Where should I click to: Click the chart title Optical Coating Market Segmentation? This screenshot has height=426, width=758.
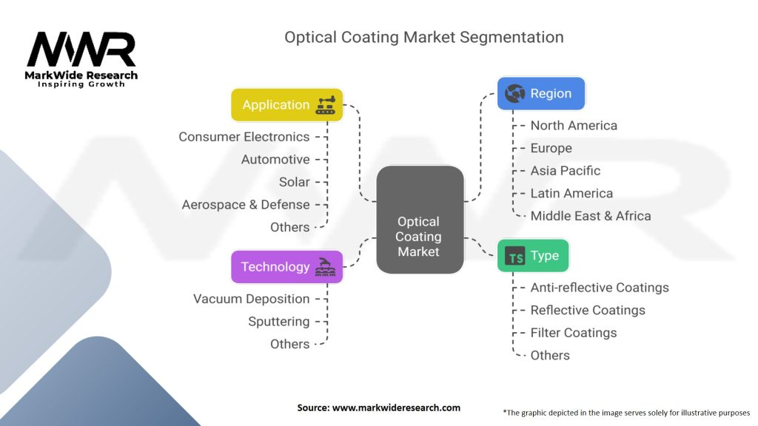(x=424, y=37)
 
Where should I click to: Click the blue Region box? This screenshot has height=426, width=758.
(x=541, y=94)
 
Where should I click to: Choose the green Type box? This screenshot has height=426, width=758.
(x=533, y=256)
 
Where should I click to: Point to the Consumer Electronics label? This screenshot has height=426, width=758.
(x=244, y=137)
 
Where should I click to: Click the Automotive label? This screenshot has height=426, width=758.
(x=275, y=160)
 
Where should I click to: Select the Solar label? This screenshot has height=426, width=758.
(x=294, y=182)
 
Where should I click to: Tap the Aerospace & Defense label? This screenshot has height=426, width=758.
(x=246, y=205)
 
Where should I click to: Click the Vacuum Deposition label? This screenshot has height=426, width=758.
(x=251, y=299)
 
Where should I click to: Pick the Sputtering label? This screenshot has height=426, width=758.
(x=278, y=322)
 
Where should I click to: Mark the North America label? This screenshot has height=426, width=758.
(x=574, y=126)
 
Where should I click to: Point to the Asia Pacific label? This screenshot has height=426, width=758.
(x=565, y=171)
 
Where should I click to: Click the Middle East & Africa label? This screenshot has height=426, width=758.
(x=591, y=216)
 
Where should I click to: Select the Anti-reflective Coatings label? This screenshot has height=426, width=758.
(x=600, y=288)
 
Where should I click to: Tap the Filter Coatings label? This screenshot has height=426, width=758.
(x=573, y=333)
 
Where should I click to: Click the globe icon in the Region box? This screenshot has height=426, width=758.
(x=514, y=94)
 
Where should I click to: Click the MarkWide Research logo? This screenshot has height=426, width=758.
(x=81, y=59)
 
